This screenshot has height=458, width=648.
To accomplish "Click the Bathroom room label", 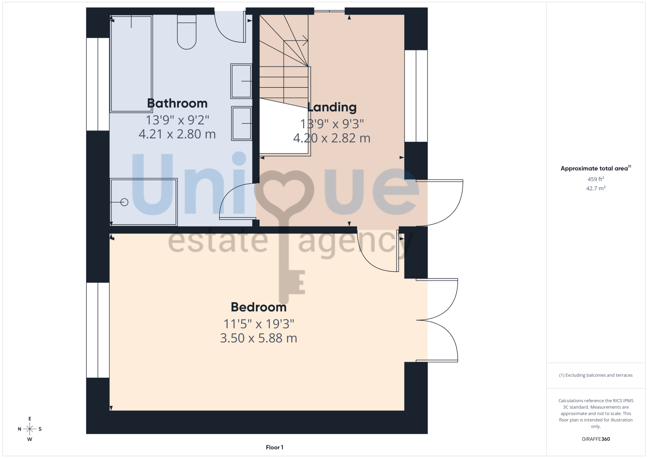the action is (x=177, y=103).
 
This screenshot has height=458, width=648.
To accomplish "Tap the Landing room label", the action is (x=332, y=107).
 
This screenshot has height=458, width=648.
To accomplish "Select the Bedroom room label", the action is (x=259, y=307).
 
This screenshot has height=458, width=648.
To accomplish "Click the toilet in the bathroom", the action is (x=187, y=32).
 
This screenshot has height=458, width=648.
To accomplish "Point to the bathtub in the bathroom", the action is (x=131, y=63).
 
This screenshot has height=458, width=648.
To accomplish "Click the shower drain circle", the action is (x=124, y=202).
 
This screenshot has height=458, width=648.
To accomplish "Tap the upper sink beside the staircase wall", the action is (x=241, y=81).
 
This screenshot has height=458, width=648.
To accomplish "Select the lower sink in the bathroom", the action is (x=242, y=123).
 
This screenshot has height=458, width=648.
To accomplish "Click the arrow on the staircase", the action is (x=296, y=41).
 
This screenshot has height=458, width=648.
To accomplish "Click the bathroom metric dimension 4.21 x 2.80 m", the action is (x=177, y=134).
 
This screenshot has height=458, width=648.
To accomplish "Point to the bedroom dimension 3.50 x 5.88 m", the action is (x=259, y=338).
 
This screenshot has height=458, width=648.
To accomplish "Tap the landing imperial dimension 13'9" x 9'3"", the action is (x=332, y=124).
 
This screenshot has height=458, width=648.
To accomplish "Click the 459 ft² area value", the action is (x=596, y=179).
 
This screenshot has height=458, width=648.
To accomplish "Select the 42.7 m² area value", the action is (x=596, y=188).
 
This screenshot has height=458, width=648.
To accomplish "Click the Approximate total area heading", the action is (x=596, y=168).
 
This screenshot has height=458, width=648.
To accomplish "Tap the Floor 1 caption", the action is (x=274, y=447).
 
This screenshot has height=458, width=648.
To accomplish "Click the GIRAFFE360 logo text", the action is (x=596, y=439).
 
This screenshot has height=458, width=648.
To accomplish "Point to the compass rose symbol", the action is (x=30, y=429).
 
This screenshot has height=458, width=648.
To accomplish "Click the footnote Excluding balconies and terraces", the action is (x=596, y=375).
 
